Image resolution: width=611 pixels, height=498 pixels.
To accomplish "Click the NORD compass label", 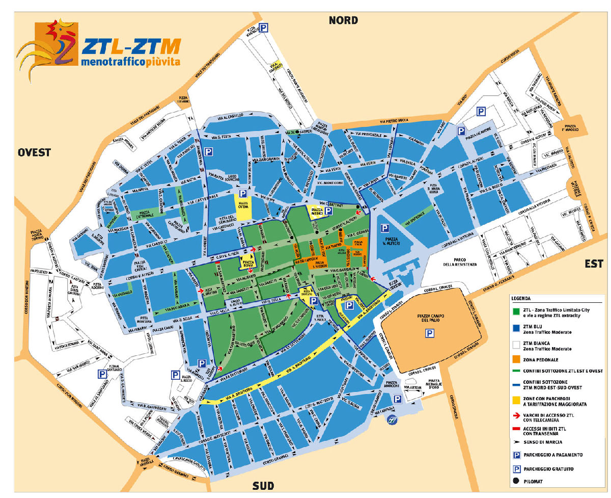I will coord(343,20).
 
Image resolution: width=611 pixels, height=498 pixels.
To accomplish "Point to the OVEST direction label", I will coord(34,152).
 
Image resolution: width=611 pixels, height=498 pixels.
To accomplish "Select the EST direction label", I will coord(594,264).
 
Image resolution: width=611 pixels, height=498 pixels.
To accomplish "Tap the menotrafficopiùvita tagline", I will coord(130,62).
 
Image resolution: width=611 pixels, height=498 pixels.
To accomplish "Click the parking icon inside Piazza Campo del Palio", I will coord(430,333).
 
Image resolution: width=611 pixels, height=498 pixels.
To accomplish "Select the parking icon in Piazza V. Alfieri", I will coord(385,229).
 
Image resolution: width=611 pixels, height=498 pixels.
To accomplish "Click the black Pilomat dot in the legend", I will coord(516,481).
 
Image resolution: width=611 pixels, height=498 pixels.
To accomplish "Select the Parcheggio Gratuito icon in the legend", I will coord(516,468).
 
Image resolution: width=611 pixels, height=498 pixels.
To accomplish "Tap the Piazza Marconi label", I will coord(392,384).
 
